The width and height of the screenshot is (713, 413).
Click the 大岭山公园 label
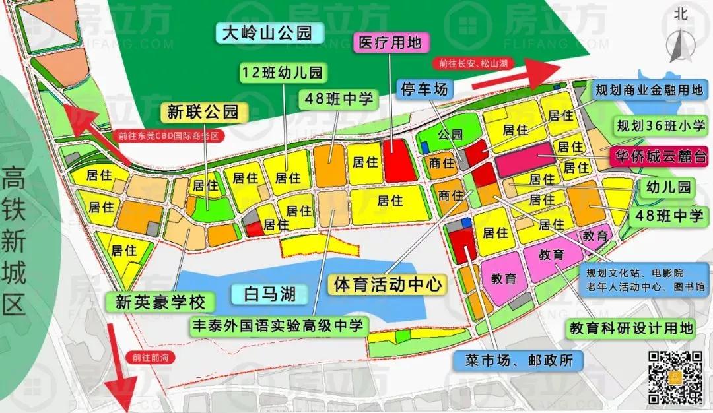[267, 32]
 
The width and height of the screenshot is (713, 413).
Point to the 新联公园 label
[203, 112]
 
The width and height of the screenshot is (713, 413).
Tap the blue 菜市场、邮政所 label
[518, 360]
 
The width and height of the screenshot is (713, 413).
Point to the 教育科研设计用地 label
[632, 328]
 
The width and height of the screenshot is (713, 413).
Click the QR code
[674, 377]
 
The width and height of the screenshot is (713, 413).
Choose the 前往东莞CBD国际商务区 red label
[168, 137]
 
